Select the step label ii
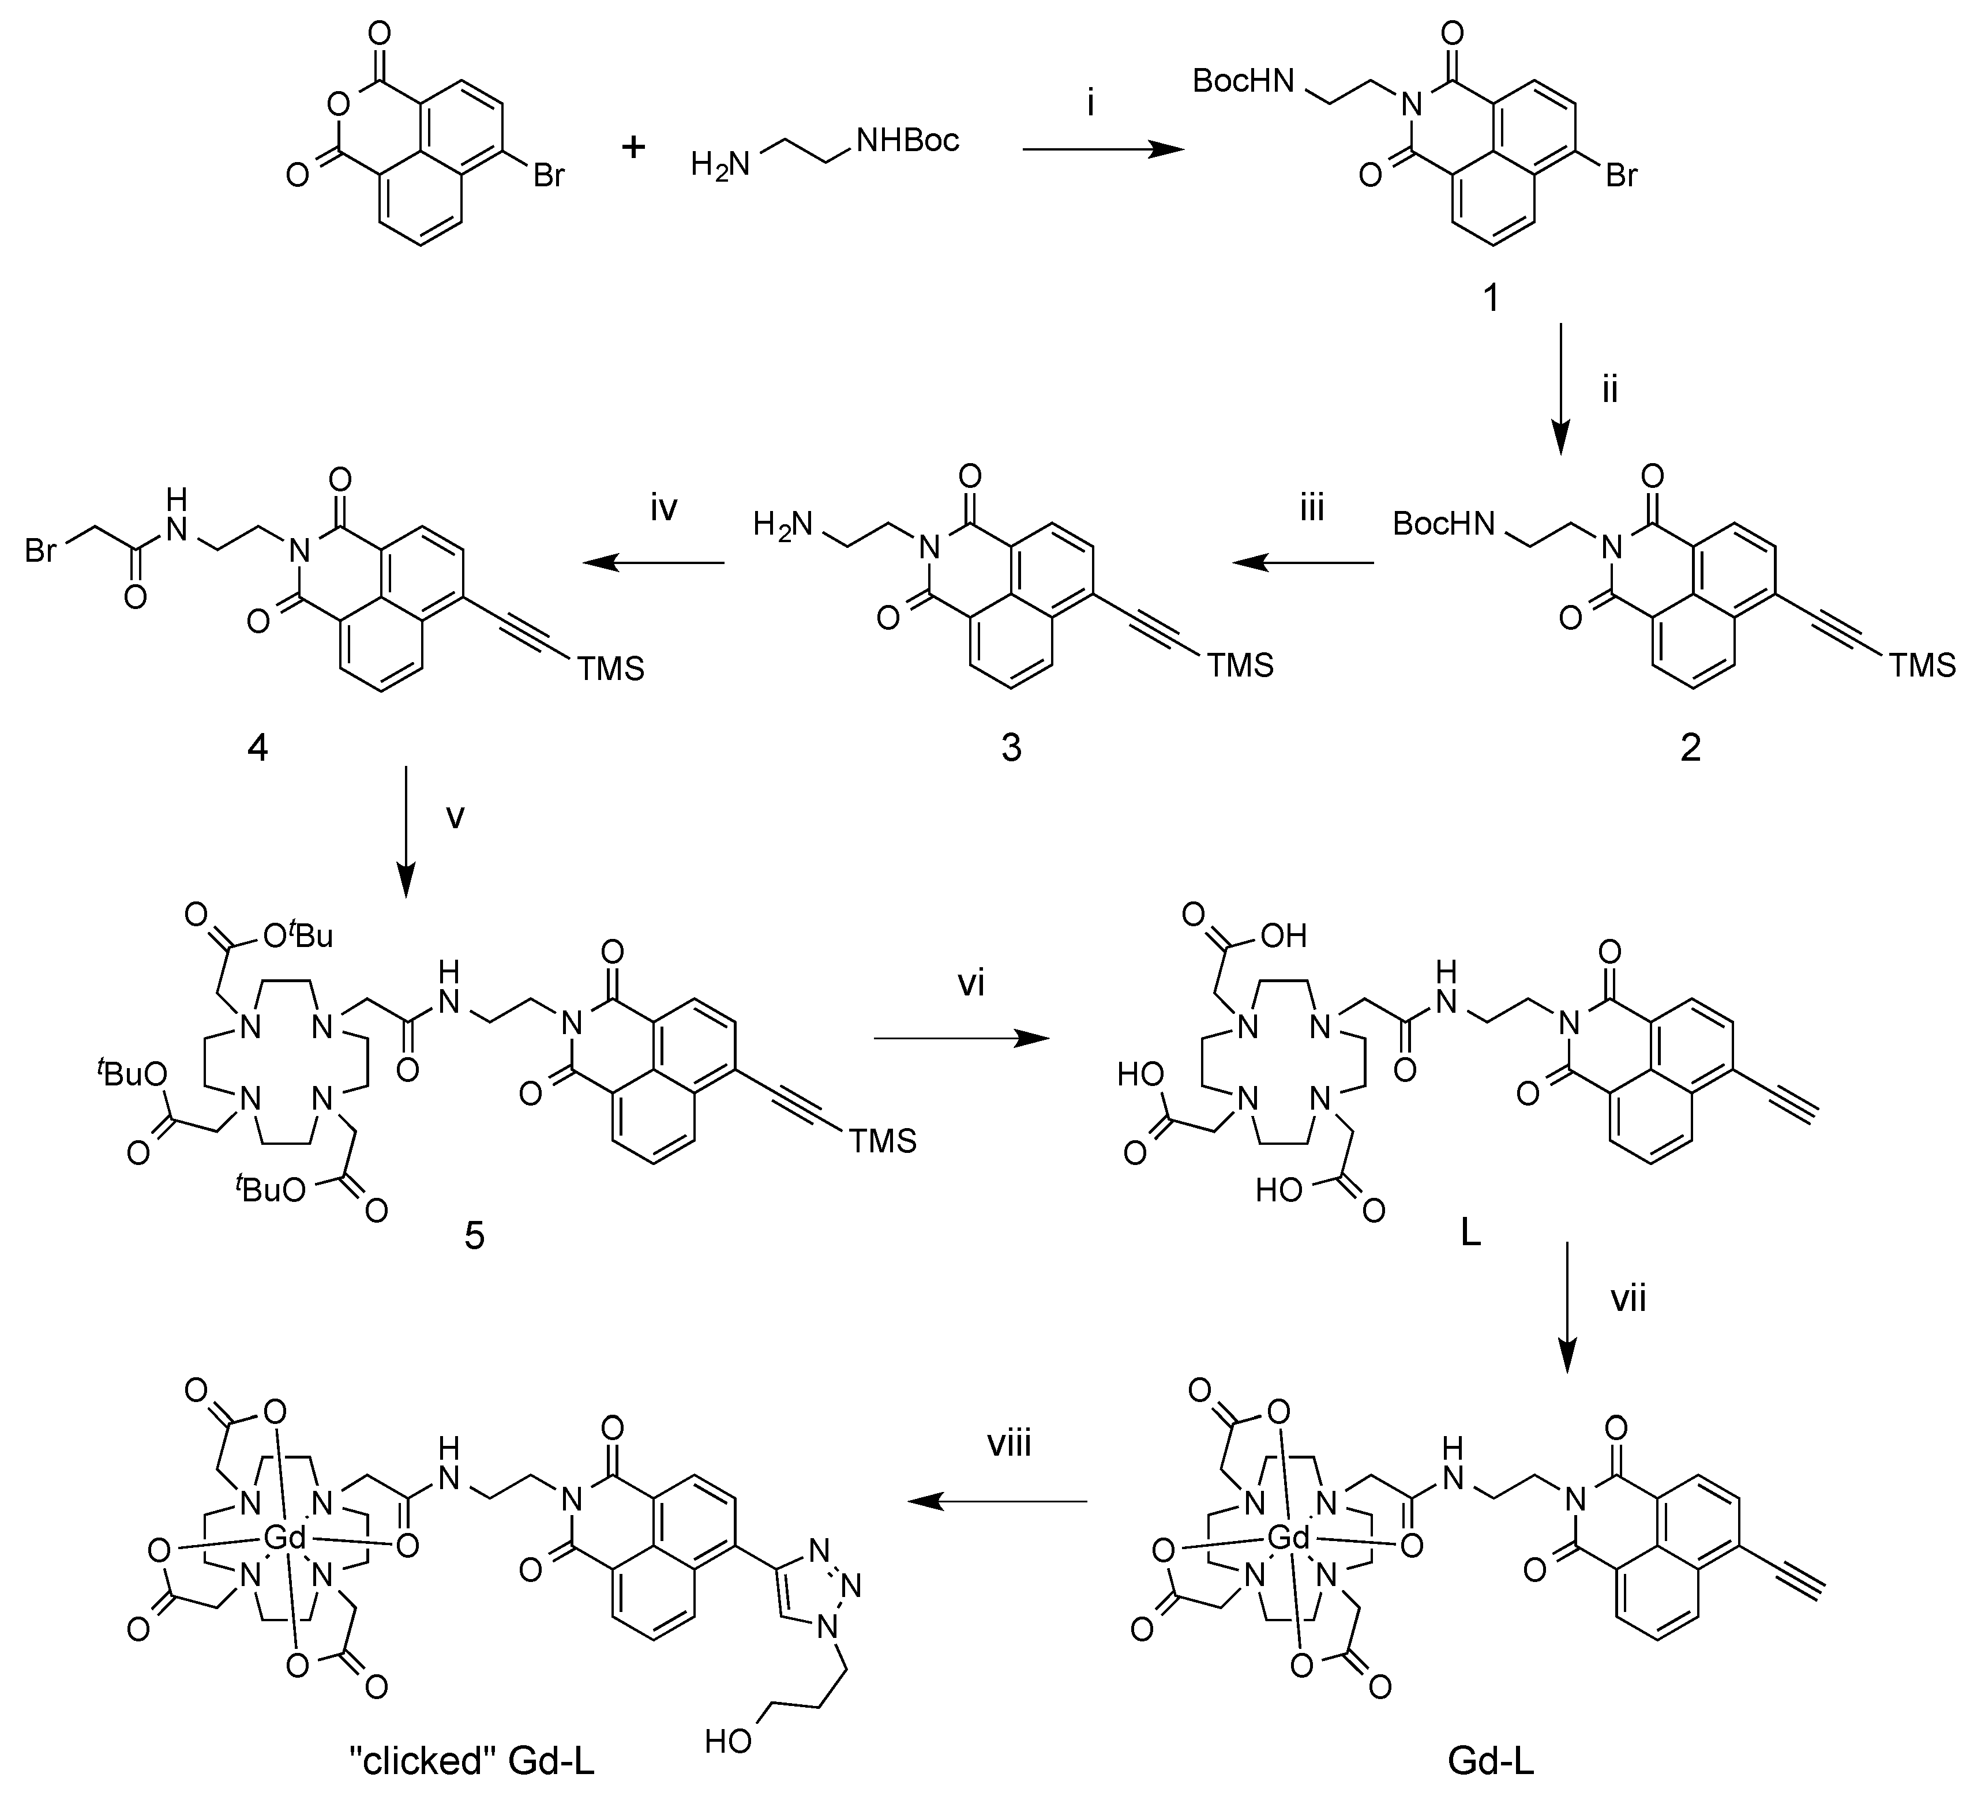coord(1609,390)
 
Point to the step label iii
coord(1311,509)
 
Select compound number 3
coord(1011,749)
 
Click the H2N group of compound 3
coord(783,527)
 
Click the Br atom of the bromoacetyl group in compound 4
coord(41,551)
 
